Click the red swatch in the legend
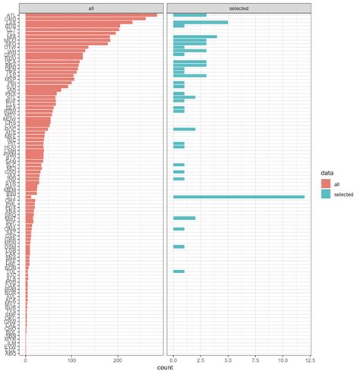(326, 184)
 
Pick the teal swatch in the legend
(326, 195)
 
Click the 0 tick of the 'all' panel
(26, 360)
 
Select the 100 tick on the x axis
(71, 360)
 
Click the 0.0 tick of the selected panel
(173, 360)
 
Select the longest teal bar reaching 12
(238, 196)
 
